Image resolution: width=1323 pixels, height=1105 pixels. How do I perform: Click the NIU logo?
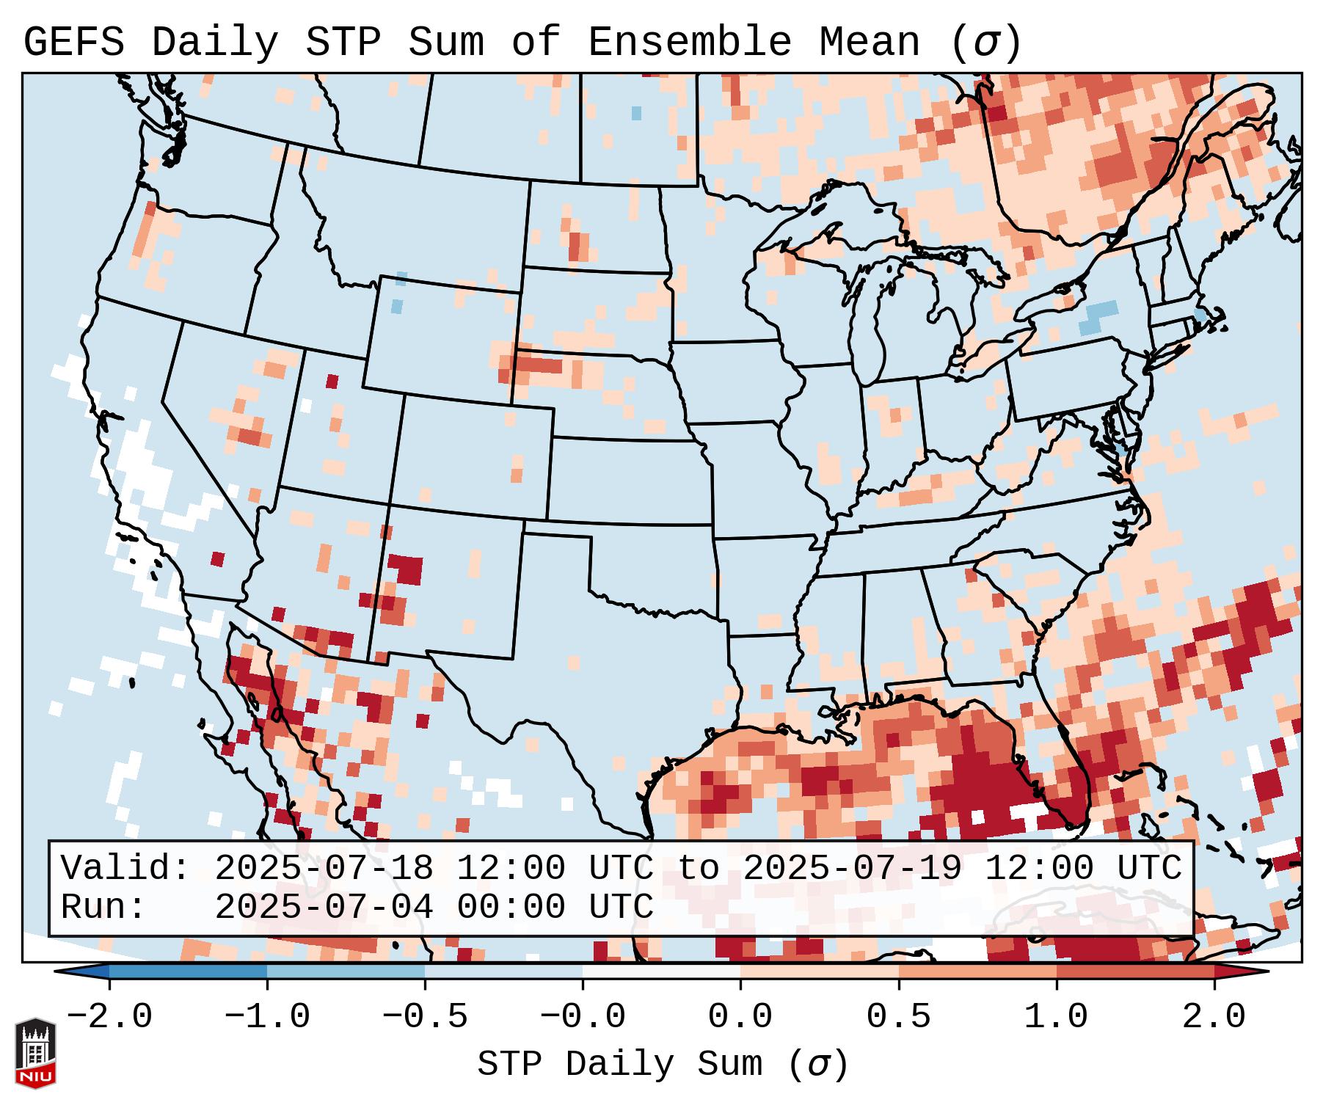click(x=35, y=1052)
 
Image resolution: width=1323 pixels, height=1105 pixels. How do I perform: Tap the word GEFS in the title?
click(x=73, y=43)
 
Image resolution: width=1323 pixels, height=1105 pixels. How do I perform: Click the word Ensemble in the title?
click(x=689, y=43)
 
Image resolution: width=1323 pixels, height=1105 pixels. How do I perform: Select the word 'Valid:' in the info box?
click(x=125, y=869)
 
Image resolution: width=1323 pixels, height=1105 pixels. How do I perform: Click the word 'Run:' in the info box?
click(x=103, y=908)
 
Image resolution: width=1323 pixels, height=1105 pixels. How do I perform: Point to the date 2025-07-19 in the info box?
click(x=852, y=869)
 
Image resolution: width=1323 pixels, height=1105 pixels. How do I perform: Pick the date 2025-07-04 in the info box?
click(x=324, y=908)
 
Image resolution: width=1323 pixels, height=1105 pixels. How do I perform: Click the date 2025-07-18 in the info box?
click(x=324, y=869)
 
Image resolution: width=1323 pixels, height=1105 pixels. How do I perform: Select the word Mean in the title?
click(x=870, y=43)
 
